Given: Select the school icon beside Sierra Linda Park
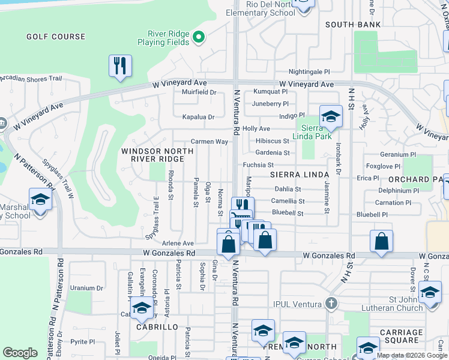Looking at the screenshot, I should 330,116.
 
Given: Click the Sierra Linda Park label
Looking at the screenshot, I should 316,132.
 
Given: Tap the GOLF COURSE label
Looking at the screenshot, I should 56,37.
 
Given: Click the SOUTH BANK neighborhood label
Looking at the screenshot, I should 353,25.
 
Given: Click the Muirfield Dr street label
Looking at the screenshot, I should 199,92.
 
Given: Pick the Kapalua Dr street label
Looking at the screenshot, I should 198,117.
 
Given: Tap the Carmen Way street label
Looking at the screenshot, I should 209,142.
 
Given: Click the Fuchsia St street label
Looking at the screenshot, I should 258,165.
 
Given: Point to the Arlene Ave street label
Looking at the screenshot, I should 178,244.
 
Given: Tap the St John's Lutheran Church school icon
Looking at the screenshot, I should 430,293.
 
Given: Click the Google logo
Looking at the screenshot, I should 20,353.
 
